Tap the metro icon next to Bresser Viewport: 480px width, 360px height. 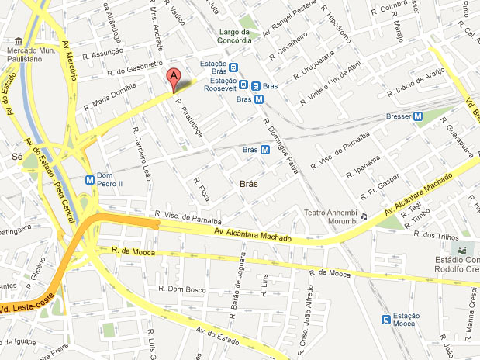tap(418, 117)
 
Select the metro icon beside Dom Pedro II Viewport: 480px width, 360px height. tap(90, 178)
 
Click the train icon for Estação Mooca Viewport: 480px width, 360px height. tap(385, 318)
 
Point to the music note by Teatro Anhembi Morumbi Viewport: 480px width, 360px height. tap(364, 216)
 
